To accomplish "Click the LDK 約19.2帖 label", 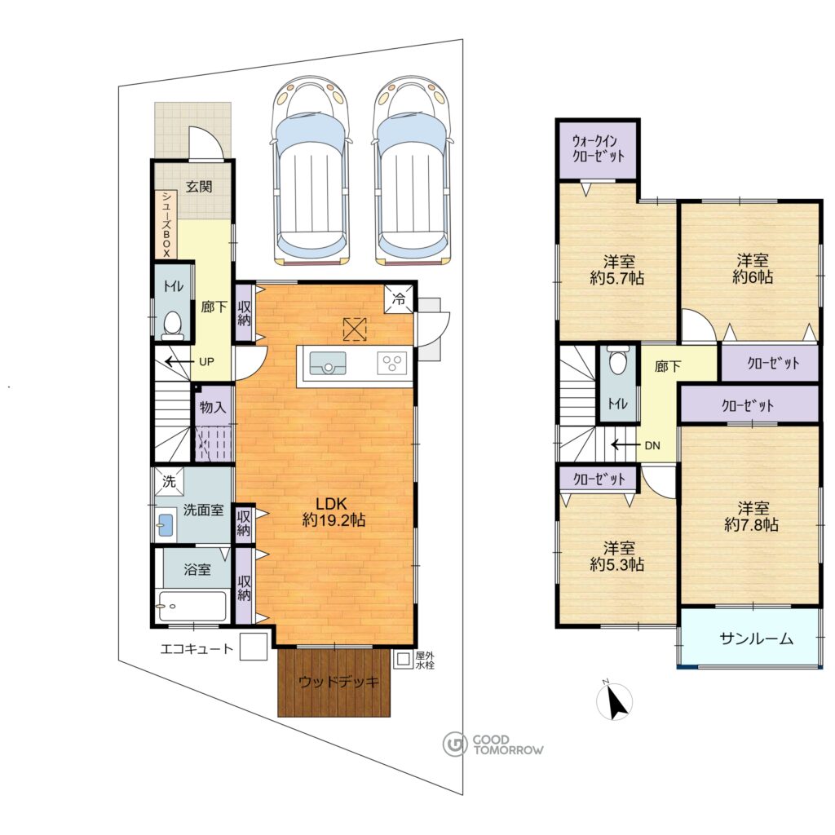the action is click(x=334, y=512).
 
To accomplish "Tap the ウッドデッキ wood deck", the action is click(x=334, y=682).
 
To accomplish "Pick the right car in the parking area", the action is click(x=413, y=171).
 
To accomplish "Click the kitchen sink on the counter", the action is click(x=328, y=364).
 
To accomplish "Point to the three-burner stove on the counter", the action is click(x=392, y=364).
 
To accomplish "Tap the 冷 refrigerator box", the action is click(x=399, y=299).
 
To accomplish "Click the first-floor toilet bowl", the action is click(x=172, y=325).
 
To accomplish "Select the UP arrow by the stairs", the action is click(x=178, y=362).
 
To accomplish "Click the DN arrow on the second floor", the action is click(x=624, y=444).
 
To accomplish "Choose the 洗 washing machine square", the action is click(x=169, y=482).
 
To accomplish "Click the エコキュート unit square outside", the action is click(x=254, y=646).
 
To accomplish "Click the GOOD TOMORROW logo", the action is click(x=493, y=744).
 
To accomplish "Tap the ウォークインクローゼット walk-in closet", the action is click(x=598, y=150).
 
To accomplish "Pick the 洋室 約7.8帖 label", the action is click(x=751, y=516).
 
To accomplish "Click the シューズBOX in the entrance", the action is click(x=166, y=224).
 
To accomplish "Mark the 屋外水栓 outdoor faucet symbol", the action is click(x=403, y=659).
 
